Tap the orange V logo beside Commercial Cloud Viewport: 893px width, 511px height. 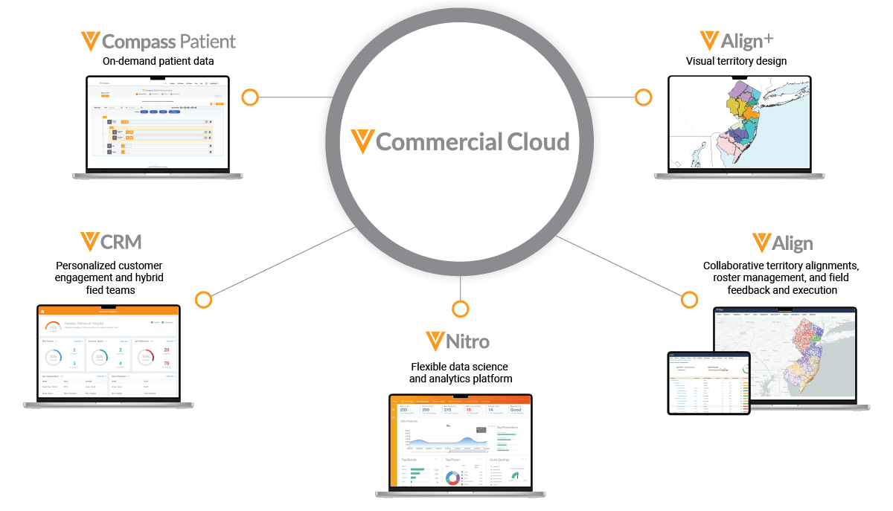[x=362, y=141]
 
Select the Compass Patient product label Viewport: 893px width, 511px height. [x=168, y=42]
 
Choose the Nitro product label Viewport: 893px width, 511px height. [x=467, y=342]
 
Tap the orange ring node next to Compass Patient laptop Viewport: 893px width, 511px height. [x=250, y=97]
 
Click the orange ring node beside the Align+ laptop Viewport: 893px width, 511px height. [x=643, y=97]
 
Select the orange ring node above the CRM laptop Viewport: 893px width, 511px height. [x=203, y=300]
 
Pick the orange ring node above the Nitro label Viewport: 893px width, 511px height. [x=461, y=308]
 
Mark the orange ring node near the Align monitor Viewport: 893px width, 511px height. [x=690, y=300]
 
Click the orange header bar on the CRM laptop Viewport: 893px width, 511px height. [x=109, y=311]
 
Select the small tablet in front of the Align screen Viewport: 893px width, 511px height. [x=709, y=382]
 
